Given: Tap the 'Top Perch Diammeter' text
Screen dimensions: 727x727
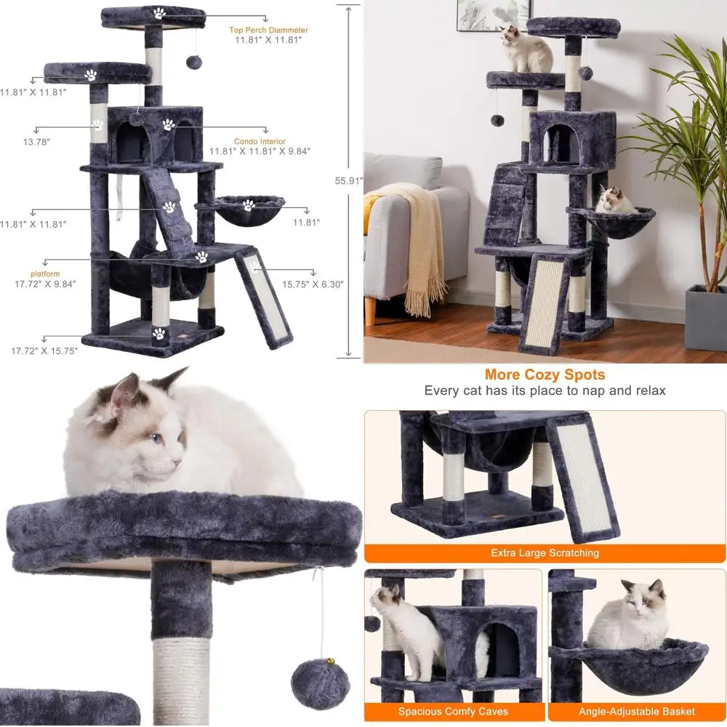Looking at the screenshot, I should pyautogui.click(x=269, y=31).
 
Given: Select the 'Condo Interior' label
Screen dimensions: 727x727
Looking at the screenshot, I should pyautogui.click(x=260, y=142).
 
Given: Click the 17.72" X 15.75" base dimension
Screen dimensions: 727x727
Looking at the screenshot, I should pyautogui.click(x=44, y=350).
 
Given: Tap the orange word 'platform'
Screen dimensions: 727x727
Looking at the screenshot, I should pyautogui.click(x=44, y=273).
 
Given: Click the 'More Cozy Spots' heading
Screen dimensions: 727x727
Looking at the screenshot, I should pyautogui.click(x=545, y=375).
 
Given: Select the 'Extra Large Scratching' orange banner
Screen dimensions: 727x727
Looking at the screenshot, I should pyautogui.click(x=545, y=553).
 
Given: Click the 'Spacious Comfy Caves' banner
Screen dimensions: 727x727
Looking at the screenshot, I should pyautogui.click(x=453, y=712).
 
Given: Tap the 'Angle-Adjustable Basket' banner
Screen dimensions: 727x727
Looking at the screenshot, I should pyautogui.click(x=637, y=712).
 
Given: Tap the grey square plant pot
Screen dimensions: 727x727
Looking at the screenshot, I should pyautogui.click(x=706, y=318).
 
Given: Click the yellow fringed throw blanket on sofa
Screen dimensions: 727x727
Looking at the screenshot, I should pyautogui.click(x=412, y=240).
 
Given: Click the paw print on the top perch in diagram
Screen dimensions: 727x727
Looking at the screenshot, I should pyautogui.click(x=158, y=12).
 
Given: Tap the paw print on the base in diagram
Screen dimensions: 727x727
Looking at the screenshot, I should pyautogui.click(x=158, y=334).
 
